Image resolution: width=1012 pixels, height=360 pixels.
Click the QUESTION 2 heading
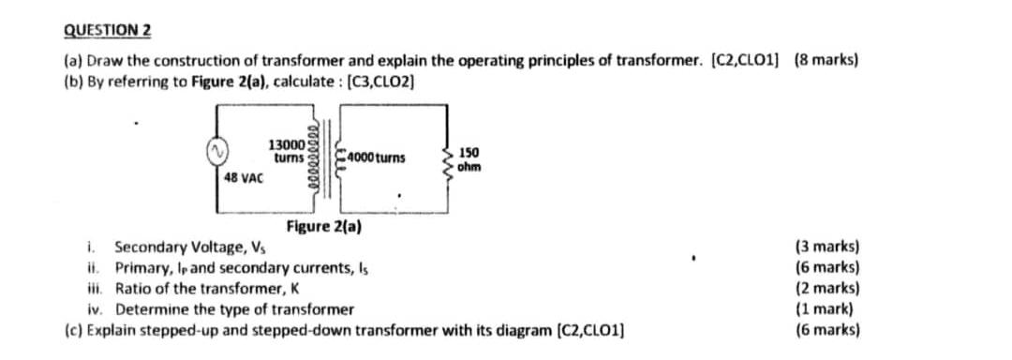pyautogui.click(x=107, y=29)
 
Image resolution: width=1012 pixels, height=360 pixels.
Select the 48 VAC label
pyautogui.click(x=245, y=176)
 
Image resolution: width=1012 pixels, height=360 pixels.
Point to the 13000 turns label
pyautogui.click(x=286, y=150)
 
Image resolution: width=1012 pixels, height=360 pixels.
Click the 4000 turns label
pyautogui.click(x=375, y=157)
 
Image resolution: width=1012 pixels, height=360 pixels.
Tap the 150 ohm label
pyautogui.click(x=470, y=159)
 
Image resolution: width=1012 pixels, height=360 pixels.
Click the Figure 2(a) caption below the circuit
pyautogui.click(x=324, y=227)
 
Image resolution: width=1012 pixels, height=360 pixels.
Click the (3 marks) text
pyautogui.click(x=827, y=248)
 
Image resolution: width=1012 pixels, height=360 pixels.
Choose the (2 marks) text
pyautogui.click(x=827, y=289)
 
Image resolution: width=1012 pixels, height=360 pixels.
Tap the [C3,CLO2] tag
pyautogui.click(x=380, y=81)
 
